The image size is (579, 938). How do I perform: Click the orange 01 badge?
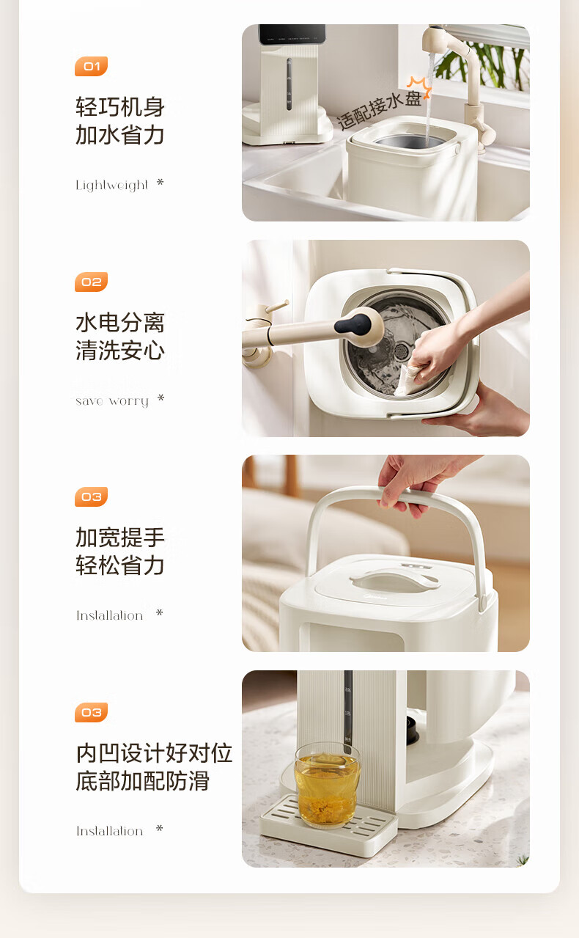coord(91,66)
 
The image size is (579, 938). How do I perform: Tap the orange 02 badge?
coord(91,282)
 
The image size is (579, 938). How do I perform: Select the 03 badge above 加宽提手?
coord(91,497)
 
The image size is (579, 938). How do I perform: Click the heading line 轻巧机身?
coord(120,107)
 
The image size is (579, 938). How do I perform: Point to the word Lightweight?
coord(111,185)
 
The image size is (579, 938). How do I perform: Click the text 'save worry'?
coord(111,401)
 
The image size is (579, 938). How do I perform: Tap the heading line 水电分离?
coord(120,323)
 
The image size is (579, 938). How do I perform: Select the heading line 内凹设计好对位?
coord(154,753)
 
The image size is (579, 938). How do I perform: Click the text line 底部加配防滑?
coord(143,781)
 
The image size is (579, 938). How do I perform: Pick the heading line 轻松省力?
coord(120,565)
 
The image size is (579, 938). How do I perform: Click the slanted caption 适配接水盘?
coord(379,110)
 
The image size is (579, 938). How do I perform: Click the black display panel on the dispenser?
coord(292,34)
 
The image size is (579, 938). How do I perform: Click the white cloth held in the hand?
coord(408,379)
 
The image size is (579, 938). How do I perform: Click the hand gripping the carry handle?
coord(418,483)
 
